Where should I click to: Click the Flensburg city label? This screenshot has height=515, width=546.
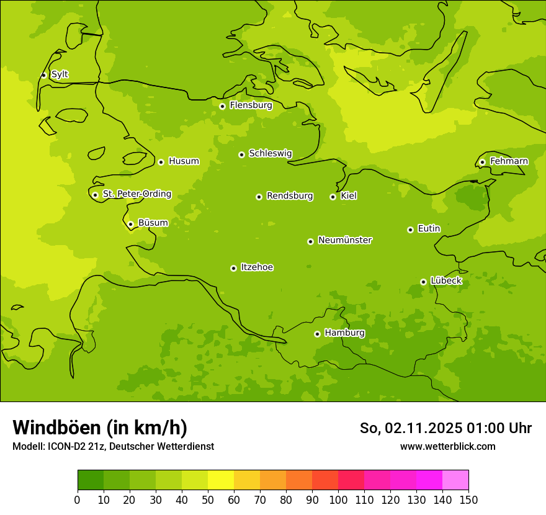coord(251,105)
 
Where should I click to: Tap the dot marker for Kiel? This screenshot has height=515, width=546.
coord(333,197)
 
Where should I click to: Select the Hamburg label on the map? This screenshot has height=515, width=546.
coord(344,333)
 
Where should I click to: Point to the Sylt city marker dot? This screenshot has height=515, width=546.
coord(43,75)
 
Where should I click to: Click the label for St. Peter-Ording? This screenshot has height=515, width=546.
coord(136,194)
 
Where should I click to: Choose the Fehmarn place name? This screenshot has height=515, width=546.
coord(509,161)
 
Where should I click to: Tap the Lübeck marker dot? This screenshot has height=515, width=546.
coord(423,282)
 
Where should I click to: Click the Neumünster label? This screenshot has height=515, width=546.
coord(345,240)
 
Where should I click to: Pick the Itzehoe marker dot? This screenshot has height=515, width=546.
coord(233,268)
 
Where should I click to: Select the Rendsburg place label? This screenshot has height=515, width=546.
coord(290,196)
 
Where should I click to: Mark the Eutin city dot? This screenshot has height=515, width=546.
coord(410,230)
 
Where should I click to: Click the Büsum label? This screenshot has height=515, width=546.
coord(153,223)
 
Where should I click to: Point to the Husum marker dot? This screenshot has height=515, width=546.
coord(161,162)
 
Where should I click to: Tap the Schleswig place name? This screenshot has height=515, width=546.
coord(270,153)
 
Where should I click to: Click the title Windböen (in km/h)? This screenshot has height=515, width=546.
coord(99,428)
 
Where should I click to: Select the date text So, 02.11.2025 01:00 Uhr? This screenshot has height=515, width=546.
coord(445,428)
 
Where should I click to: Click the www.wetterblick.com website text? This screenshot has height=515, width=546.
coord(447,446)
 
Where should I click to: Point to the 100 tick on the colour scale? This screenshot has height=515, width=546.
coord(338,499)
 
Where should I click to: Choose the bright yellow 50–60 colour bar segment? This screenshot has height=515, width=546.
coord(221,480)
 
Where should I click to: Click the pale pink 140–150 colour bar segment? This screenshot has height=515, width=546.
coord(455,480)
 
